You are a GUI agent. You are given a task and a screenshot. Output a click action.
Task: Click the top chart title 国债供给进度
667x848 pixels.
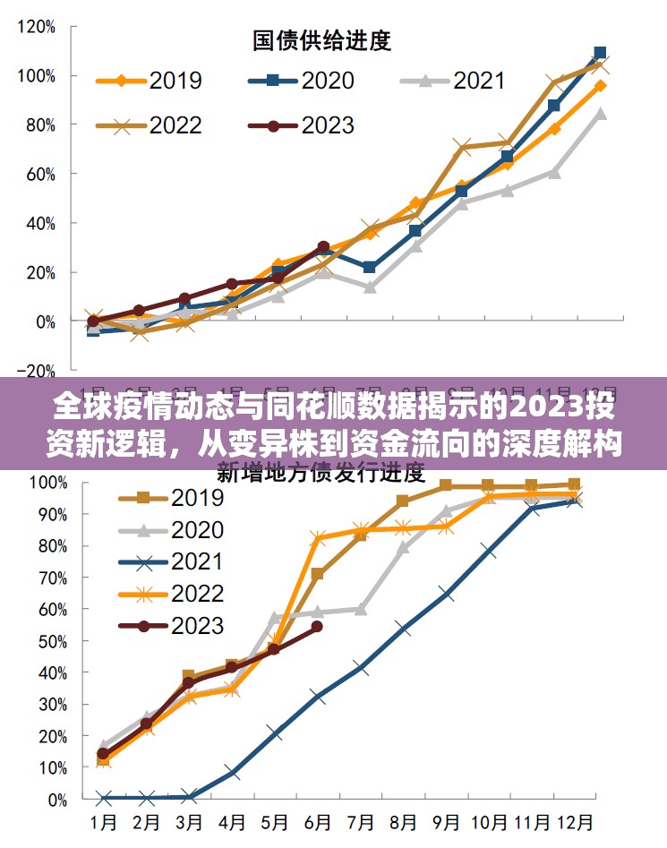[322, 40]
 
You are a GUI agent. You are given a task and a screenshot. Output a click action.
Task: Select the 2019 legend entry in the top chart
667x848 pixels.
[175, 81]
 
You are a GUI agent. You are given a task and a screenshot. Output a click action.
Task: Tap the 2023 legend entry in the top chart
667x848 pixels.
[328, 125]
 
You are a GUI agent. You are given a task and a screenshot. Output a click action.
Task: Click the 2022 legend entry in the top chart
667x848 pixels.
[175, 125]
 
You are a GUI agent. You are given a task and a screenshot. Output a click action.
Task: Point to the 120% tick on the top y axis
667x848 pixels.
[36, 26]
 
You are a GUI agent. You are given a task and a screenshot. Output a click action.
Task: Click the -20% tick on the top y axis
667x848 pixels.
[36, 369]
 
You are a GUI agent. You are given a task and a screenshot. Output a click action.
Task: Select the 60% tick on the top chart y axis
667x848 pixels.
[39, 174]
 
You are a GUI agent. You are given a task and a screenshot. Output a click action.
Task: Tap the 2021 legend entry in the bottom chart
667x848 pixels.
[197, 562]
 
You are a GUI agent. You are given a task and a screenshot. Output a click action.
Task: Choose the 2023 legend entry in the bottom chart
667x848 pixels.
[197, 625]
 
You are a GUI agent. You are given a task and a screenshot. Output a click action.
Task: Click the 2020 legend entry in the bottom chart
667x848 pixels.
[197, 530]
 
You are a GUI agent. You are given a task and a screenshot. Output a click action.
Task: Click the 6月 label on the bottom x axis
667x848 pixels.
[318, 820]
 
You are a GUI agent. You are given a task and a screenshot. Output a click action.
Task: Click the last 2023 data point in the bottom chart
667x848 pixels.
[317, 628]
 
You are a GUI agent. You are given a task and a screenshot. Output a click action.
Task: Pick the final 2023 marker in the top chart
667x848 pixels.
[323, 246]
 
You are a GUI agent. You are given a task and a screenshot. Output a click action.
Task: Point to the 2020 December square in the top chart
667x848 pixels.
[600, 53]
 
